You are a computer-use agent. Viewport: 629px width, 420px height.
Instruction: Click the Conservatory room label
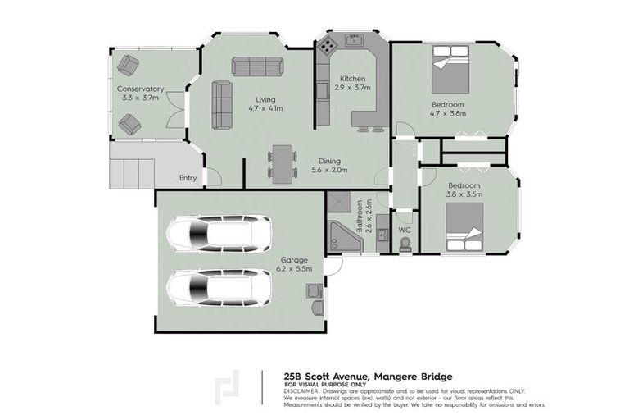140,89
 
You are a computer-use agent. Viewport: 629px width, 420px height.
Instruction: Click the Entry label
188,177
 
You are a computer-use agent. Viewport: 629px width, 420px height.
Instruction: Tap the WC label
404,230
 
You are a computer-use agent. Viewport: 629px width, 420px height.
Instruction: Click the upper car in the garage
219,233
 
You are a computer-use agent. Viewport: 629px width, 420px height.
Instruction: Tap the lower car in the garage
219,286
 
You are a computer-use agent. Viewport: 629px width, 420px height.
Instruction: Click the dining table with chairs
281,162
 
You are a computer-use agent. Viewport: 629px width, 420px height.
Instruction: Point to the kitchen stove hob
328,46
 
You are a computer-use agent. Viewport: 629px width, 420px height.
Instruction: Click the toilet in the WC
404,244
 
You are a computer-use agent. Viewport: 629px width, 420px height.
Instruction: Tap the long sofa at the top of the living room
256,66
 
